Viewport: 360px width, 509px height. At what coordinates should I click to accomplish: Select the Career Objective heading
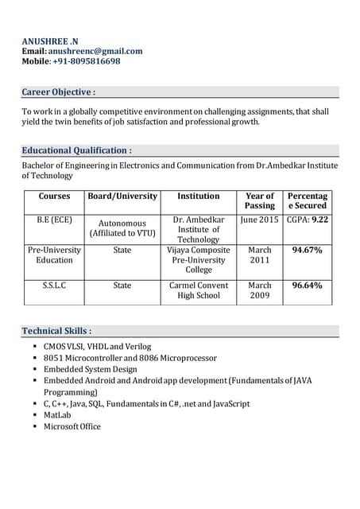[x=59, y=92]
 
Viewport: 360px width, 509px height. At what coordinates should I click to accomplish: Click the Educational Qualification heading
[x=76, y=150]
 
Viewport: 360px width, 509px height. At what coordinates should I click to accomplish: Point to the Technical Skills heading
[x=56, y=330]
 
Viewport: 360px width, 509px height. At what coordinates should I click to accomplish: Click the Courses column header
[x=54, y=196]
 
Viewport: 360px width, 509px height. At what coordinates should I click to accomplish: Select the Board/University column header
[x=122, y=196]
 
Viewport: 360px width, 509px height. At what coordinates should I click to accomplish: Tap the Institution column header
[x=199, y=196]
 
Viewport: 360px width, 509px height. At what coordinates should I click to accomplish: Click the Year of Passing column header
[x=260, y=200]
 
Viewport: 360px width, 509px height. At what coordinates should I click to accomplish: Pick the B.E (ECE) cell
[x=54, y=220]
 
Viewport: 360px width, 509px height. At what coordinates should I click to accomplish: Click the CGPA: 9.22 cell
[x=308, y=220]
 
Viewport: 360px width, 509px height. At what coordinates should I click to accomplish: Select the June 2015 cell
[x=260, y=220]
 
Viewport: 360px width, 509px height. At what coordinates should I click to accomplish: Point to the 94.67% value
[x=308, y=251]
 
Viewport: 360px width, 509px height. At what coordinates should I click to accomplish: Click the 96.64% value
[x=308, y=286]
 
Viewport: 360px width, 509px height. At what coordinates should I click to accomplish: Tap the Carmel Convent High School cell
[x=199, y=290]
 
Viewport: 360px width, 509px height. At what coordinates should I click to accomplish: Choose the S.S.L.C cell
[x=54, y=286]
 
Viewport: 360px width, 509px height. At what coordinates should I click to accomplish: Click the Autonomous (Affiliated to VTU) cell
[x=122, y=229]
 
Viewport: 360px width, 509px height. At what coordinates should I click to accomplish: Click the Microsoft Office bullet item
[x=72, y=427]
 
